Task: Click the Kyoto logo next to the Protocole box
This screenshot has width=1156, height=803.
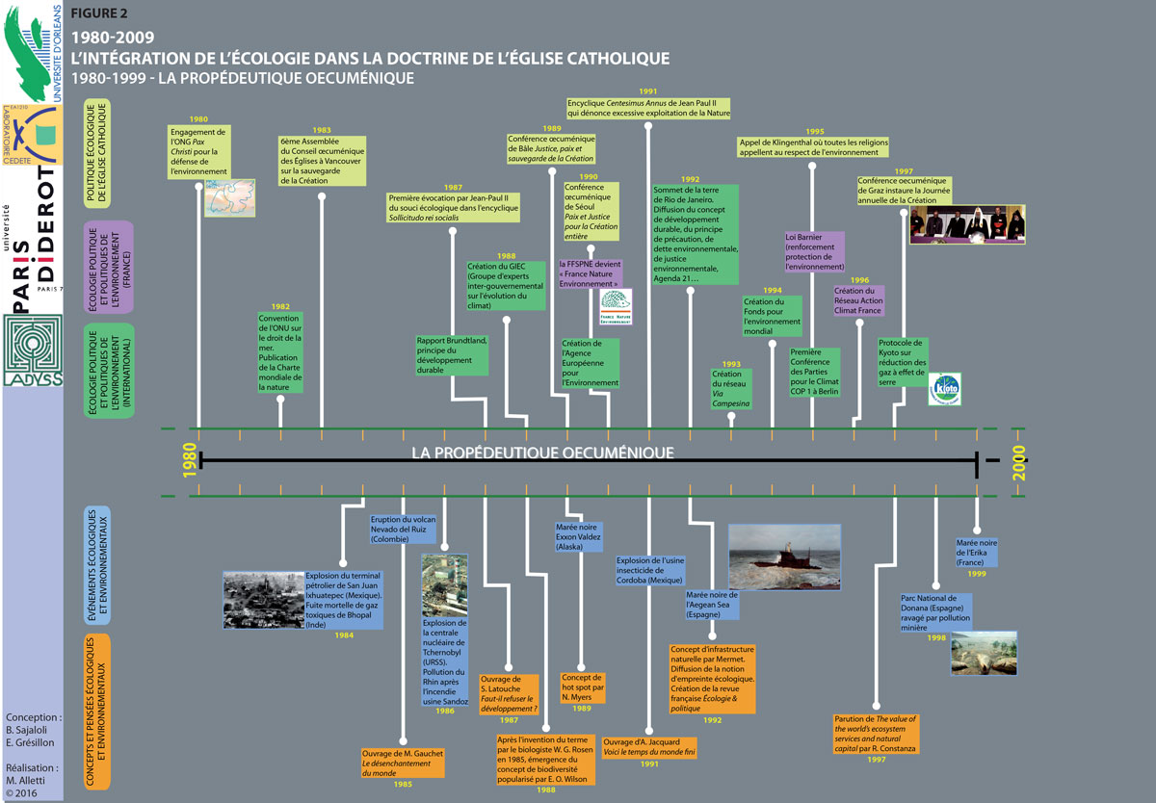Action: [x=944, y=389]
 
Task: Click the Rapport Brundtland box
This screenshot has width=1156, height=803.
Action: [x=451, y=354]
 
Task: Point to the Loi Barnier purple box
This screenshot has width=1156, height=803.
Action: [x=815, y=251]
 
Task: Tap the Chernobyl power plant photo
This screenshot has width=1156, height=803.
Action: [x=444, y=584]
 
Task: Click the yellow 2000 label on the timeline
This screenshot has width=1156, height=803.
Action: [x=1019, y=464]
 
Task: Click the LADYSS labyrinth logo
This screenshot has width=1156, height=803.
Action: [x=31, y=346]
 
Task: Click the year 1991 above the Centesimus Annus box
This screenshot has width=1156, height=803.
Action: [x=647, y=91]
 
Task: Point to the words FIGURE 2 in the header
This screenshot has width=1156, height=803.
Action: [x=100, y=13]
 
